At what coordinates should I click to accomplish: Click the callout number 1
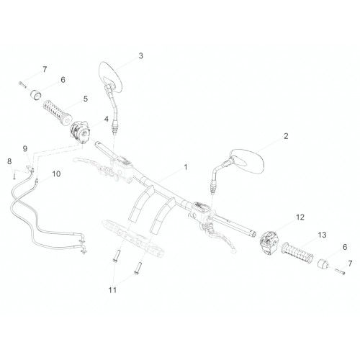tap(186, 167)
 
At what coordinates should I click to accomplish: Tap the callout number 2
tap(286, 136)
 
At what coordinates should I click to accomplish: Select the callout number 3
tap(140, 55)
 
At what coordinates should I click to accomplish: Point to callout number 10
tap(56, 174)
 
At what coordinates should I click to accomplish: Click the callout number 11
tap(112, 290)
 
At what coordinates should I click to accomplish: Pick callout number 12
tap(300, 217)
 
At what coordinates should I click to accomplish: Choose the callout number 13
tap(322, 235)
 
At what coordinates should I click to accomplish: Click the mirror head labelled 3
tap(110, 77)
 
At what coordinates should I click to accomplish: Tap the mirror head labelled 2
tap(247, 161)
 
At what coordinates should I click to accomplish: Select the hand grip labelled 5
tap(58, 112)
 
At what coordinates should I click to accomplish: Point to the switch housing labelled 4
tap(80, 132)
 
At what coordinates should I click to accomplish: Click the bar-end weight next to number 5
tap(36, 94)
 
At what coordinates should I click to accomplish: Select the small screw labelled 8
tap(14, 175)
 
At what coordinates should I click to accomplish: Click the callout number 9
tap(25, 149)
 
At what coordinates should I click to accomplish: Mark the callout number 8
tap(9, 161)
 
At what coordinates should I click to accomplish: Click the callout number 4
tap(106, 119)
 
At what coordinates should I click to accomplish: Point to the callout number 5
tap(86, 99)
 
